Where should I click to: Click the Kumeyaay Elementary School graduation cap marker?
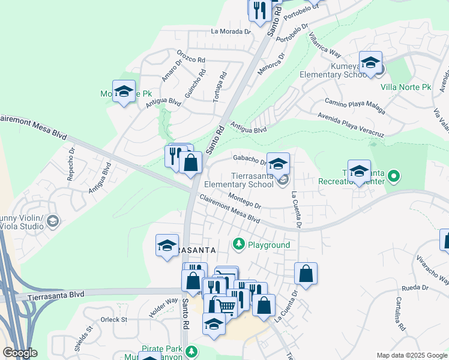coord(371,63)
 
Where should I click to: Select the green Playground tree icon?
coord(240,244)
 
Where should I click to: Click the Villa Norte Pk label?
coord(406,87)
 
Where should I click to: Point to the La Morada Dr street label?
coord(230,31)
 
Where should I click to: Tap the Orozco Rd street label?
coord(191,60)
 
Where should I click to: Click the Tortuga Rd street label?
coord(219,85)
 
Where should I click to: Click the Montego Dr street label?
coord(244,201)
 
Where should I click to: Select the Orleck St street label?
coord(115,320)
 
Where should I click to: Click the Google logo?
coord(20,353)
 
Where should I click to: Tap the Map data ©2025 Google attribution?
coord(411,355)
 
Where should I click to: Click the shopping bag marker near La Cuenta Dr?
coord(306,274)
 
